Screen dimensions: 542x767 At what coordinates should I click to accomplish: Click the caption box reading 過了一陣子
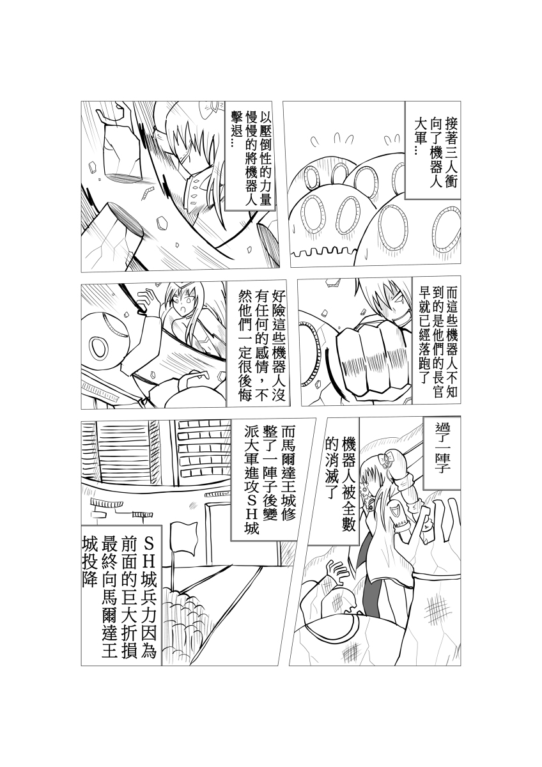pyautogui.click(x=442, y=453)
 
